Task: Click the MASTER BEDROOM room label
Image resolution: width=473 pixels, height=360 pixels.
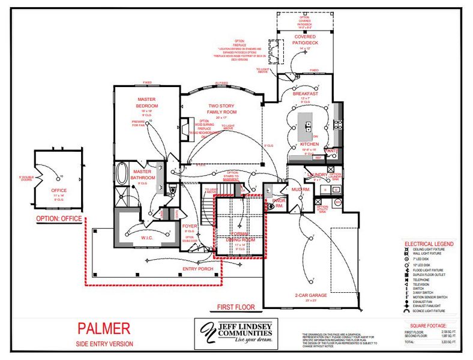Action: point(146,101)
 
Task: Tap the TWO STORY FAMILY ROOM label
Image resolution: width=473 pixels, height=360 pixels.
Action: point(221,109)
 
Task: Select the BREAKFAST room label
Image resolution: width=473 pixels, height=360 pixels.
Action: point(305,94)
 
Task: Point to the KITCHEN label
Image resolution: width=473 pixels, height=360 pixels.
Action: point(309,145)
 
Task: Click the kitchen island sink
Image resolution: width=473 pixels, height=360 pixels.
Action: point(308,126)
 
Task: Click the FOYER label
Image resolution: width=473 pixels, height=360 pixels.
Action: point(190,226)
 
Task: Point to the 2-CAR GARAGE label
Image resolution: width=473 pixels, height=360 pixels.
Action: point(310,296)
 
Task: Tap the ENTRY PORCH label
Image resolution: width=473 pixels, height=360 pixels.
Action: point(197,268)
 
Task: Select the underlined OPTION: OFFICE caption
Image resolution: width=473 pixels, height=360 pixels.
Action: point(58,219)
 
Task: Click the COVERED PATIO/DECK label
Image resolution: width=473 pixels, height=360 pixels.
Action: point(305,40)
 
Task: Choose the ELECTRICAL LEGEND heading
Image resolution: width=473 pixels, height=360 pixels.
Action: point(429,244)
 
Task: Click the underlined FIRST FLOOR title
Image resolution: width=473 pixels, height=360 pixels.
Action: point(236,307)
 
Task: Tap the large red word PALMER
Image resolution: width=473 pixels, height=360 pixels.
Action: point(103,328)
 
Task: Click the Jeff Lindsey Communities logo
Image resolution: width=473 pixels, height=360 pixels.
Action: point(236,332)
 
